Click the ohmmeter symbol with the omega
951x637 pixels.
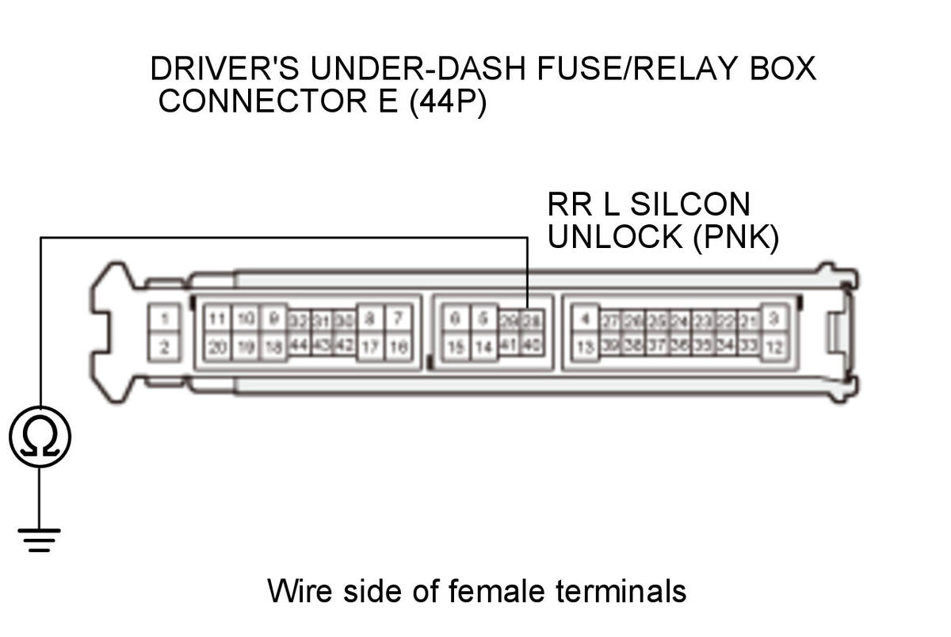[40, 437]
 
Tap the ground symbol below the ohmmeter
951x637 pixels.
[40, 538]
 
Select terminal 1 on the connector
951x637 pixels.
[164, 319]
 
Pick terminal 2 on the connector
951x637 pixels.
[164, 346]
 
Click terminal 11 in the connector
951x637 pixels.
[216, 319]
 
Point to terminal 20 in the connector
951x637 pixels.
[216, 346]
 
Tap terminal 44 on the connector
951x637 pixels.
[299, 346]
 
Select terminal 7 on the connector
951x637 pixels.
[398, 319]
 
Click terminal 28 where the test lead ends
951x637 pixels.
[531, 320]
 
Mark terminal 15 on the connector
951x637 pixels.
[454, 346]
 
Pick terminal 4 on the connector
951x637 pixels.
[585, 319]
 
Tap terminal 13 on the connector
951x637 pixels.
[585, 346]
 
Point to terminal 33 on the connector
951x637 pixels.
[748, 346]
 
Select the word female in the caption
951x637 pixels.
[499, 591]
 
